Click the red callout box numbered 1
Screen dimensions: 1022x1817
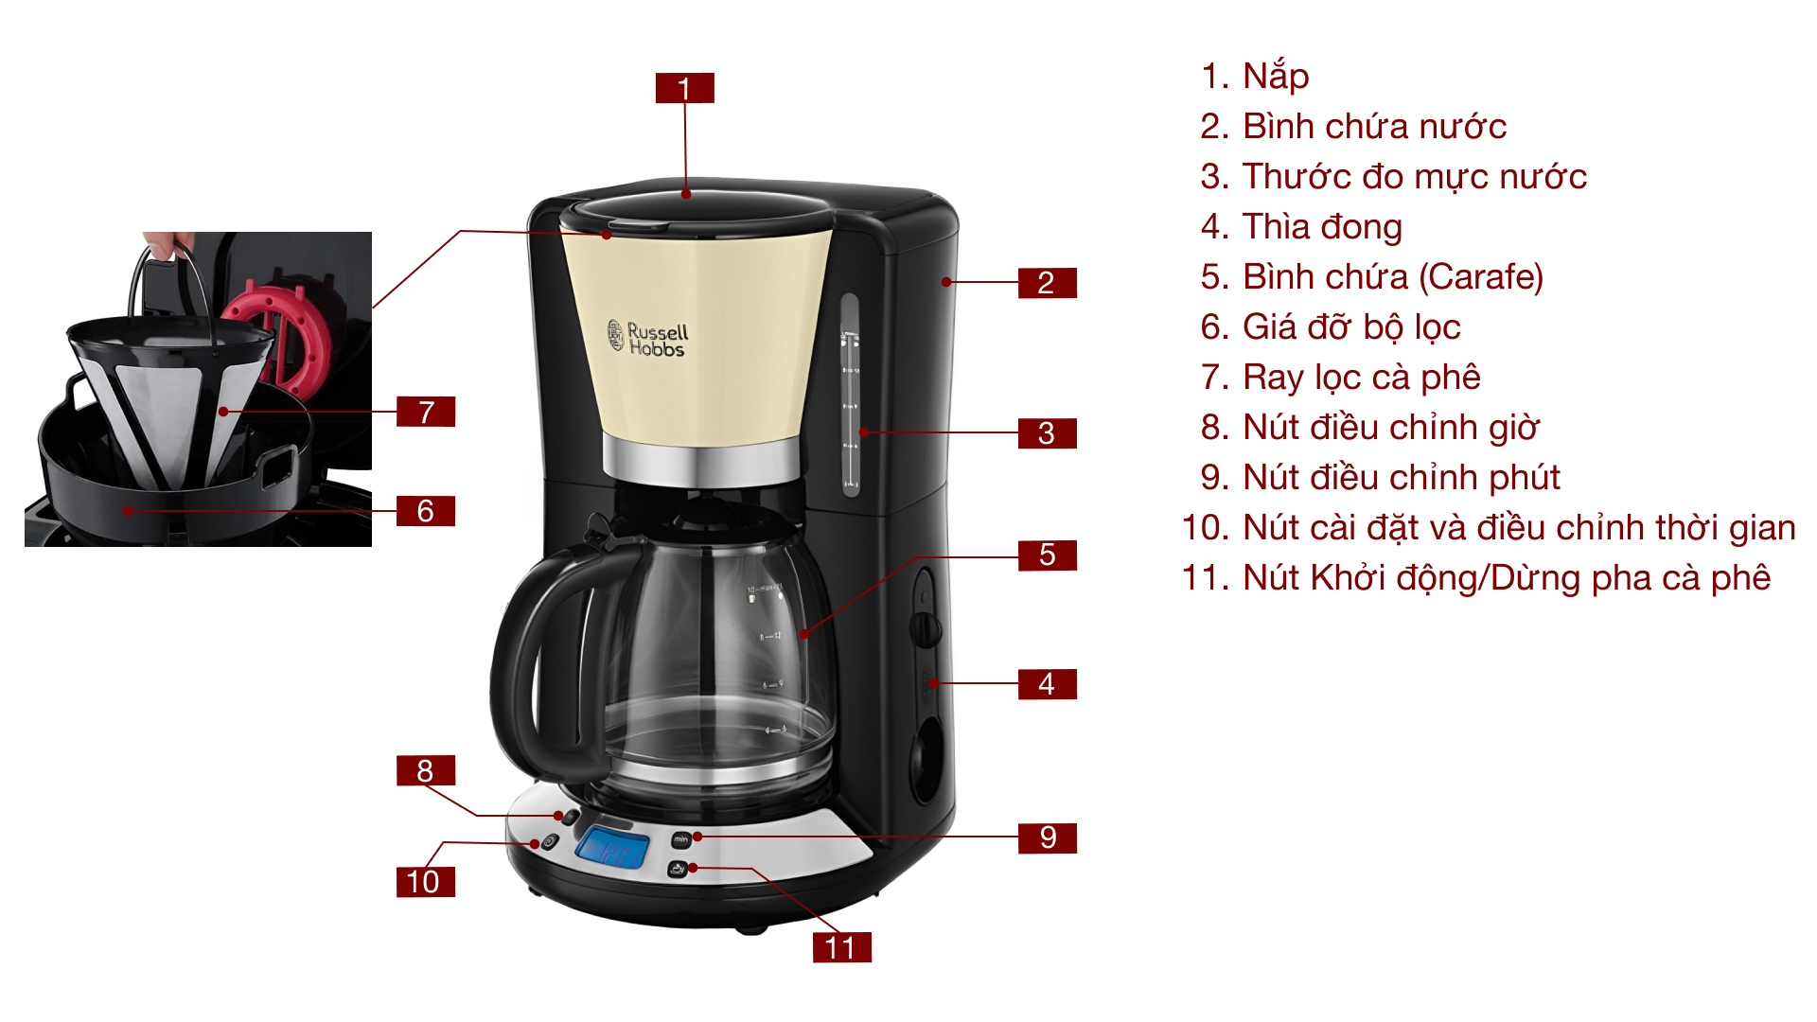pos(684,88)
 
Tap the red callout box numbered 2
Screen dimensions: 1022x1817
pos(1047,282)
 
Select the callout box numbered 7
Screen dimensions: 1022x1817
pos(426,412)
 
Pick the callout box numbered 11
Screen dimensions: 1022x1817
pos(841,947)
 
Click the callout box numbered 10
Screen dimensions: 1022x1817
pos(425,881)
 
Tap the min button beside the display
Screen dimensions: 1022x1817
pos(680,839)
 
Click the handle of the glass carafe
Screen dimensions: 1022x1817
pos(530,662)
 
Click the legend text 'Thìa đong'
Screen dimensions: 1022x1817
pos(1321,227)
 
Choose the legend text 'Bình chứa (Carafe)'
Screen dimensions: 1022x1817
pos(1392,277)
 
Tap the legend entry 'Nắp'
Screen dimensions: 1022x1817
pos(1275,76)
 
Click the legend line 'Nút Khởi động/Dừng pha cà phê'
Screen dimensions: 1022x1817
pos(1506,578)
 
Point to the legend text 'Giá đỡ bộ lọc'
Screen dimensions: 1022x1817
pos(1350,327)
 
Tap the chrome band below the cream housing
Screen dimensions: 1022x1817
pos(701,461)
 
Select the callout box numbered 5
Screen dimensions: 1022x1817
pos(1047,555)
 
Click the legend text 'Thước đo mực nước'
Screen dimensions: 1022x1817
pos(1414,177)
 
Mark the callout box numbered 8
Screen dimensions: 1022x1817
pos(425,770)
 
